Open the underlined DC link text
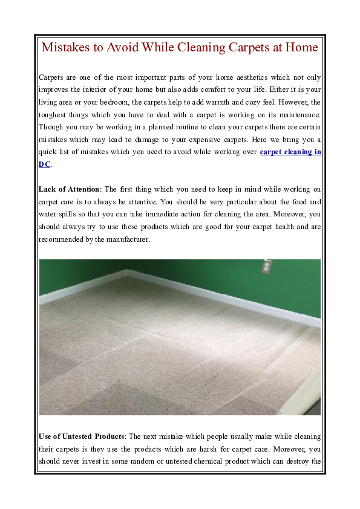point(45,164)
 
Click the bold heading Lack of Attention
point(69,190)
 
